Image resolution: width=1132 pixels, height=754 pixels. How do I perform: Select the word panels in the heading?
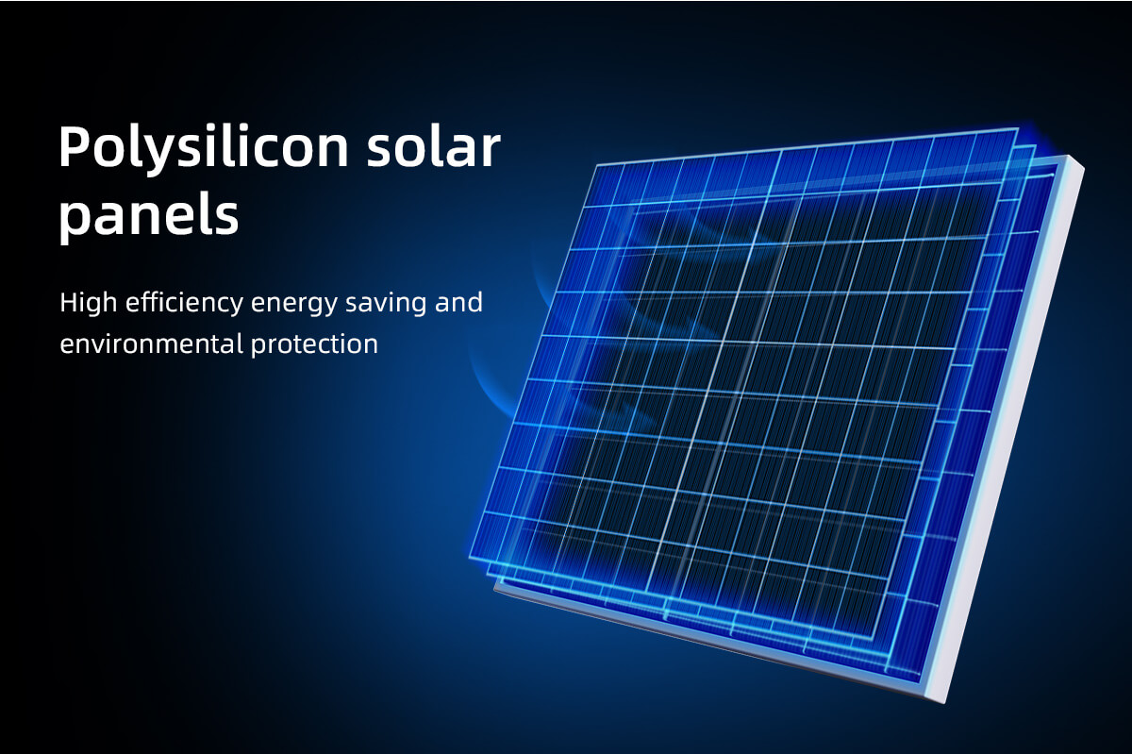149,215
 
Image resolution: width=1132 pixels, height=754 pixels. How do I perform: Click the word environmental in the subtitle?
152,344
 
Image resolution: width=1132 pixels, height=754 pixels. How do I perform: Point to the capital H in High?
69,302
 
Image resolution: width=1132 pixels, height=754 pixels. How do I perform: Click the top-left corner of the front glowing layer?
597,165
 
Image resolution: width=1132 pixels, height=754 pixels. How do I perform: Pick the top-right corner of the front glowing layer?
1017,128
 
